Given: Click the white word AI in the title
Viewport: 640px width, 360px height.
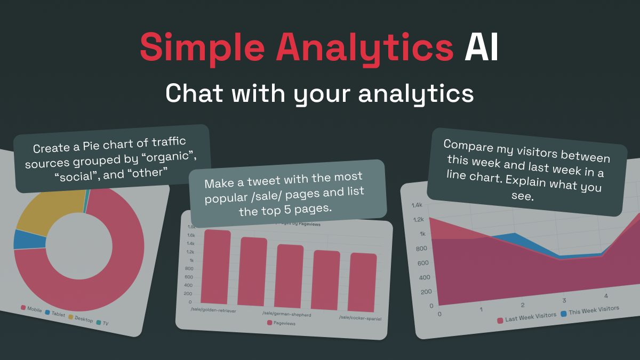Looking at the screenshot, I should coord(481,47).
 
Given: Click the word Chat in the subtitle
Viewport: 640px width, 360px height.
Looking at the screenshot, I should coord(189,93).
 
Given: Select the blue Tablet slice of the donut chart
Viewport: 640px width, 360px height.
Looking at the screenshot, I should coord(22,239).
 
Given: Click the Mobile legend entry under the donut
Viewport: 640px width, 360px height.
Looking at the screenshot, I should coord(31,309).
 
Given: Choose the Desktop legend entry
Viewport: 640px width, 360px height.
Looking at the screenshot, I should coord(79,318).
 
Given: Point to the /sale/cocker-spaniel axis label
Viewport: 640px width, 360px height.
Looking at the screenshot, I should coord(361,318).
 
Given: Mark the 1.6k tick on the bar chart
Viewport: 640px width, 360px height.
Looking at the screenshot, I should coord(191,235).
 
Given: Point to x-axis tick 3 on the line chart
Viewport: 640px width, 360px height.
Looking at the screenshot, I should coord(564,300).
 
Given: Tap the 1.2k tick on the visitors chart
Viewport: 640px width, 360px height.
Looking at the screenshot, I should coord(418,219).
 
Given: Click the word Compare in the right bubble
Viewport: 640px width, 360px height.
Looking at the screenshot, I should coord(467,145).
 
